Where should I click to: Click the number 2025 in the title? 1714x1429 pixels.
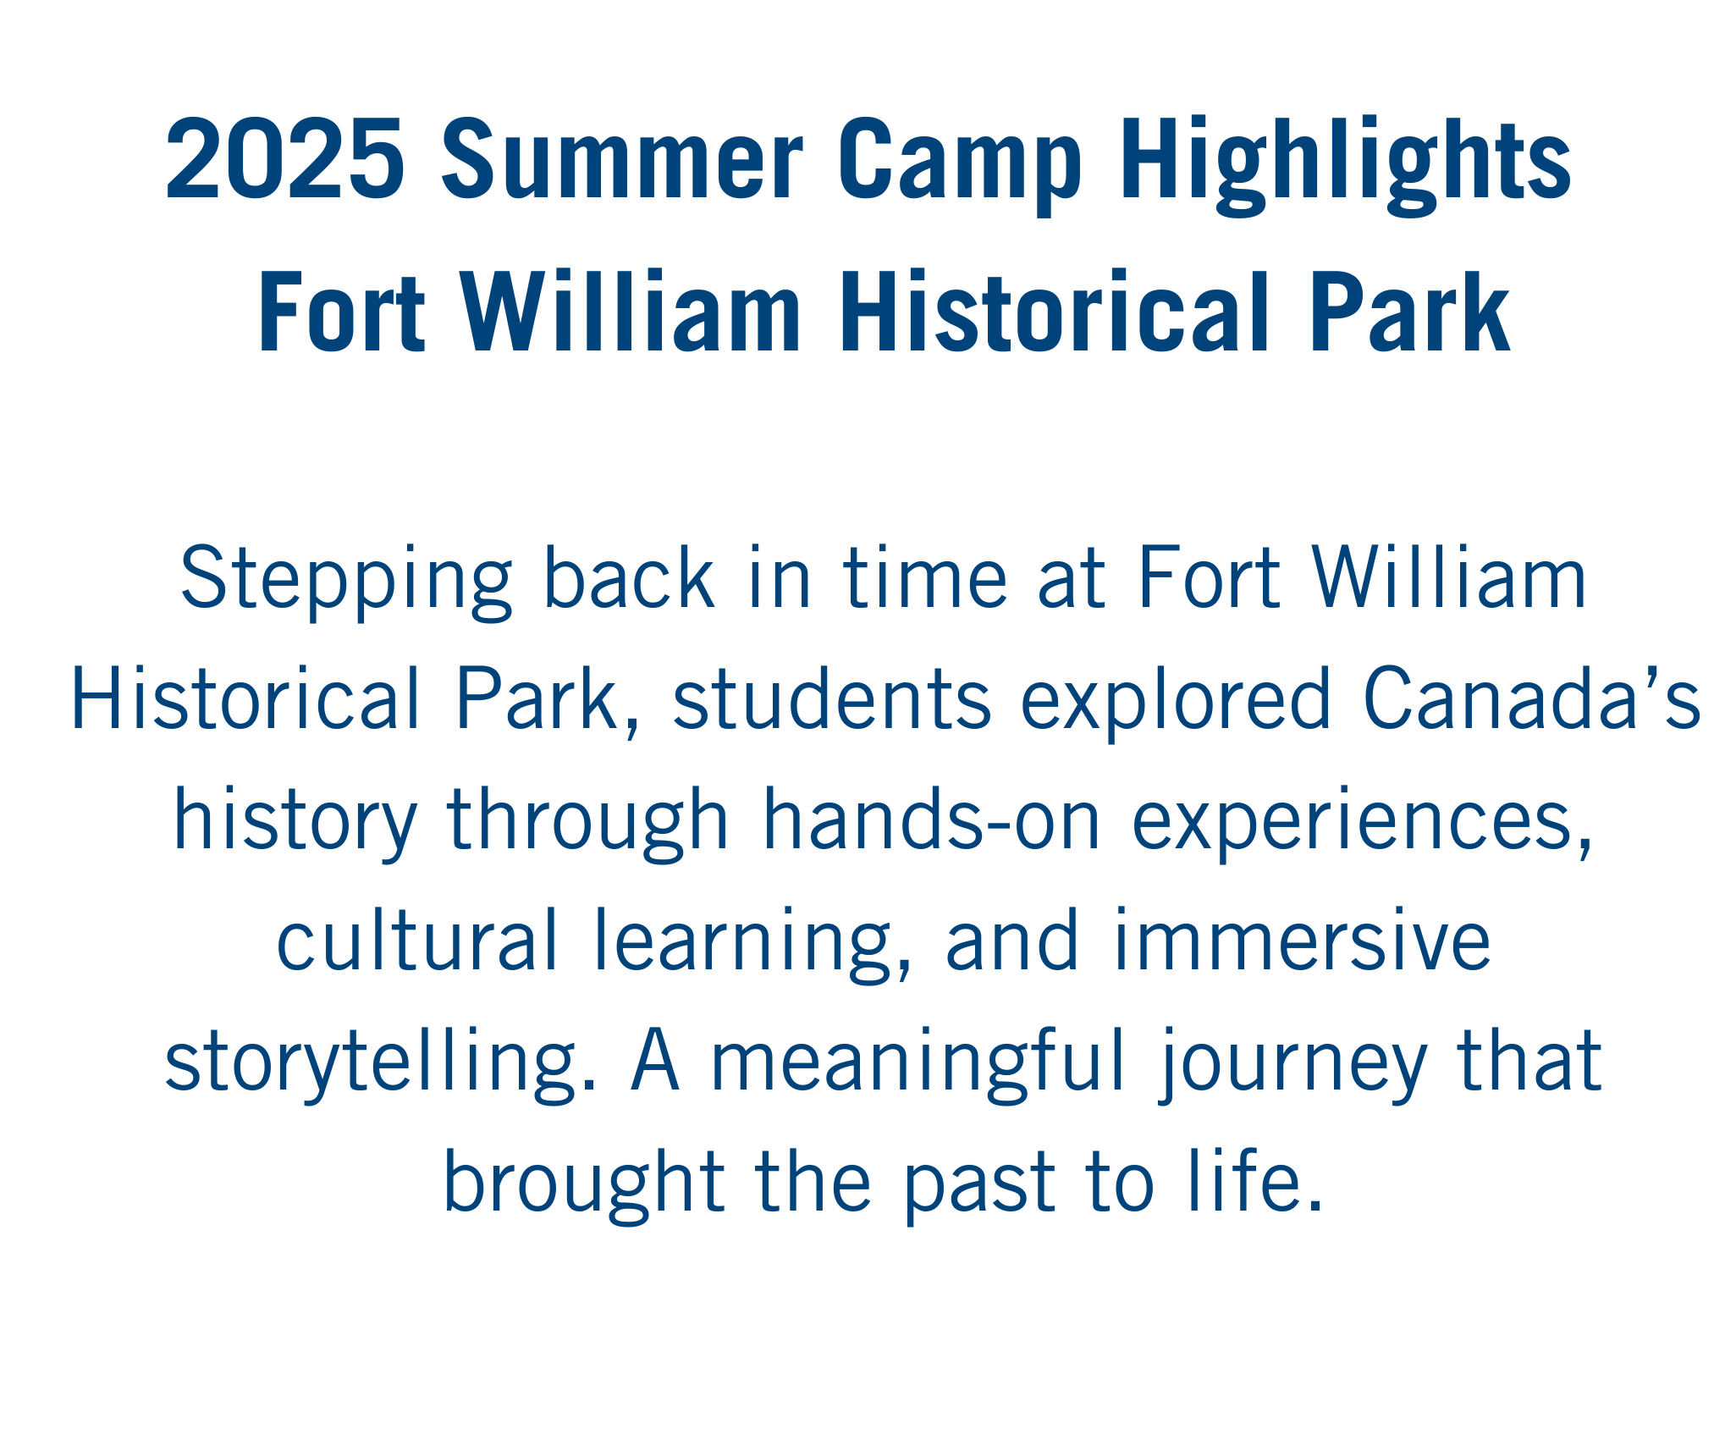(284, 160)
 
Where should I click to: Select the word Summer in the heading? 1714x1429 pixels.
(621, 160)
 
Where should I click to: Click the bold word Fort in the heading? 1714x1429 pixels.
(341, 312)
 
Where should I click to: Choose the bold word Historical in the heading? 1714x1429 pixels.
(1054, 312)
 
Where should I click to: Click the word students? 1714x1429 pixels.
(831, 700)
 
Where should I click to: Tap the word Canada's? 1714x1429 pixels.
(1530, 700)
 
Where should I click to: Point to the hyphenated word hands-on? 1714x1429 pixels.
(931, 820)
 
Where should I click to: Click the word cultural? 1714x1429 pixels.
(417, 941)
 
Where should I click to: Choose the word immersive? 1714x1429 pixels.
(1302, 941)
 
